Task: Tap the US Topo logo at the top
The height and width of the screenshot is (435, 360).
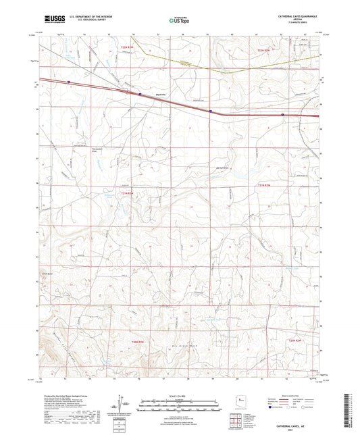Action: (179, 20)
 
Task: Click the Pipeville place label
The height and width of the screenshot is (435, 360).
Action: (161, 95)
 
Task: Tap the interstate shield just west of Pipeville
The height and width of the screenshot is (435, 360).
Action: (140, 95)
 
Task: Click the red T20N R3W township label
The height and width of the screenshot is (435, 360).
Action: (137, 342)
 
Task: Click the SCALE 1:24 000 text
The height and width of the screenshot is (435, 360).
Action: (179, 395)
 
